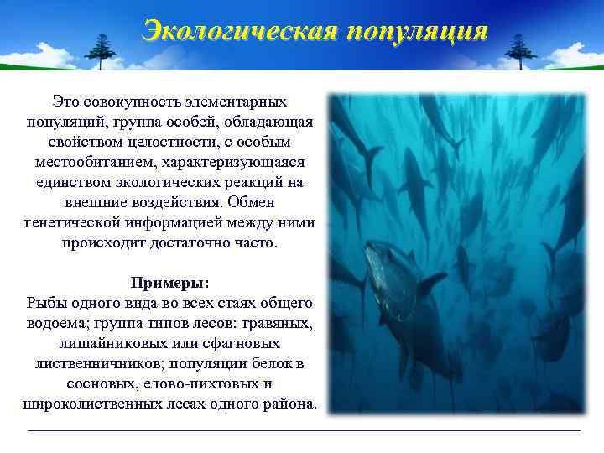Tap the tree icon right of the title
pos(520,52)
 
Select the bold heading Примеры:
pos(170,283)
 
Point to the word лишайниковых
pos(109,343)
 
